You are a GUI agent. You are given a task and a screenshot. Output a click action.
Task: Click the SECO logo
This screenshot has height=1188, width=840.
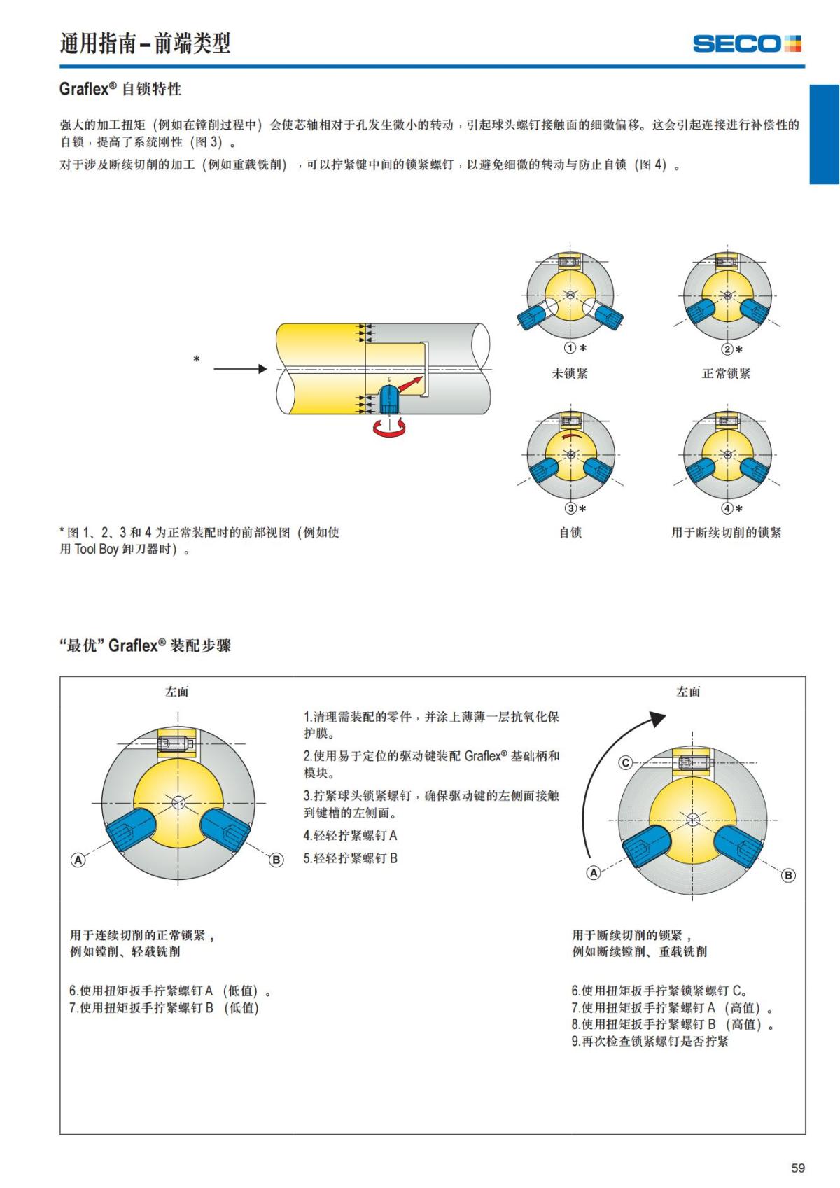[746, 44]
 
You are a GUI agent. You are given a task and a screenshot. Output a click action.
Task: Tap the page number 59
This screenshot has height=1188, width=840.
[798, 1168]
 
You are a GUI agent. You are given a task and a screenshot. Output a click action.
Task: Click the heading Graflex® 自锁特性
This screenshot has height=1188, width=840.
[120, 89]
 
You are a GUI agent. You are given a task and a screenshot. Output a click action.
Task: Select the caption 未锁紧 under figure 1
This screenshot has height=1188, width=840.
[570, 374]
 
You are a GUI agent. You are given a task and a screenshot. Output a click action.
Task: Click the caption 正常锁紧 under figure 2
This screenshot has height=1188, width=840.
[726, 374]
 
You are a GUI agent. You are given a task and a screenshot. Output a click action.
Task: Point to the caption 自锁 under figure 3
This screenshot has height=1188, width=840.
[570, 533]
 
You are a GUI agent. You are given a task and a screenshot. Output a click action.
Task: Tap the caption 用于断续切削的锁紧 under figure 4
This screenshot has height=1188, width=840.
[726, 533]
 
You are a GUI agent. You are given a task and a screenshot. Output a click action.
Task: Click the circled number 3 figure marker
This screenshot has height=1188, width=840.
[571, 509]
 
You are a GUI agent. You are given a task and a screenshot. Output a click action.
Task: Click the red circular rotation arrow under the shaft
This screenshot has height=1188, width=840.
[388, 428]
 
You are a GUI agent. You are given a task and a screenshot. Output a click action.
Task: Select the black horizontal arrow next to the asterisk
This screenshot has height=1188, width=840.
[240, 369]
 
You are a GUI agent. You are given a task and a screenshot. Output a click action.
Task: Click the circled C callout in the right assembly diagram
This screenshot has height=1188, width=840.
[626, 763]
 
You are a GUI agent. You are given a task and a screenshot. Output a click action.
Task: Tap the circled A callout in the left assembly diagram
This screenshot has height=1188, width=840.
[78, 860]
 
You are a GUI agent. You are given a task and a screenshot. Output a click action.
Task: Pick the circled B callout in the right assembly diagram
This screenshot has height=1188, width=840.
[788, 875]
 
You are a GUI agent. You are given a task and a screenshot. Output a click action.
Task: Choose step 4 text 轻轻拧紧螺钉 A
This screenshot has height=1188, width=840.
[350, 836]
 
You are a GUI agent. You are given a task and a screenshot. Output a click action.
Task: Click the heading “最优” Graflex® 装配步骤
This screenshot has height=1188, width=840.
[146, 645]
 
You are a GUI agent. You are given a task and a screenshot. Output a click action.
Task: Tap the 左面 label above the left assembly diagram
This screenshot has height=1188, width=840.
[177, 692]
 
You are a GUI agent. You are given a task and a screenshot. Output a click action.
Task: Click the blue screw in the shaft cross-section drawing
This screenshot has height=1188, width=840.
[388, 398]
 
